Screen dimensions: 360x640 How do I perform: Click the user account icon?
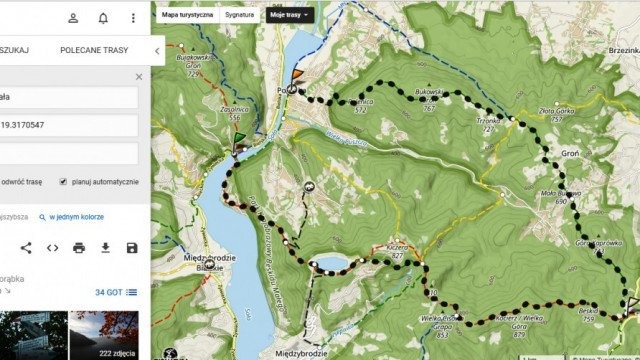click(73, 18)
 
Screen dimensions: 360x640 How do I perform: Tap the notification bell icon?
click(103, 18)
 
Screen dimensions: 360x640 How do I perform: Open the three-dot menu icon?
click(133, 18)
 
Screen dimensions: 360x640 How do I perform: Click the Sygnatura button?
click(239, 15)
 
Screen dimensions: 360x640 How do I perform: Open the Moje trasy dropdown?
click(290, 15)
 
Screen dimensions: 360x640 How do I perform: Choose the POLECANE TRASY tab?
click(94, 49)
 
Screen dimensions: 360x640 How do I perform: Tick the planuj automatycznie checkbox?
click(63, 182)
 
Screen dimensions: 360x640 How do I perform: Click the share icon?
click(26, 247)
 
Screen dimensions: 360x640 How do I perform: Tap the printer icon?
click(79, 247)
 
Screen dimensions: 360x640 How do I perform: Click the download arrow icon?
click(105, 247)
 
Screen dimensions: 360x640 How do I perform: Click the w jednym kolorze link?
click(76, 216)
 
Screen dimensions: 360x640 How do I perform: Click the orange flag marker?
click(296, 76)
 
